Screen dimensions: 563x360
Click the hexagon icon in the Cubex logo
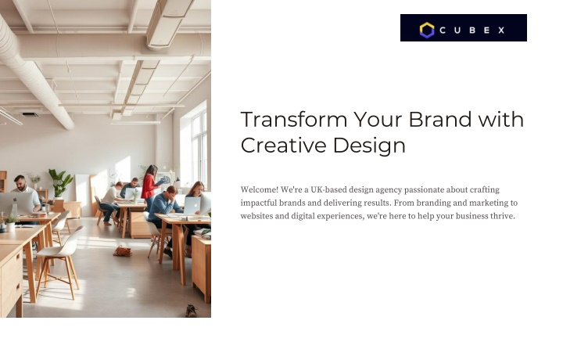(x=427, y=31)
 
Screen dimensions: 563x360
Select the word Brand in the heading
(x=440, y=119)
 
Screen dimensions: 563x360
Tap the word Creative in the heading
(x=284, y=145)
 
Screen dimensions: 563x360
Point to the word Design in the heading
(x=369, y=146)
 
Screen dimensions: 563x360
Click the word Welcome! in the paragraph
(x=260, y=189)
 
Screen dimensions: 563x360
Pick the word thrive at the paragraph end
(x=503, y=216)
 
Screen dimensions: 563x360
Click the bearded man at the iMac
(x=26, y=193)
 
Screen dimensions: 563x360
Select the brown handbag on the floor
(x=123, y=251)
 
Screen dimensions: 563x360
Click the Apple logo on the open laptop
(x=192, y=205)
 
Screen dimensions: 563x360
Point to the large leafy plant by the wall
(x=60, y=182)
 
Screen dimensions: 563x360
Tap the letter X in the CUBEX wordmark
(x=501, y=31)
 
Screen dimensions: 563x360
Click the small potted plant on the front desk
(x=10, y=223)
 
